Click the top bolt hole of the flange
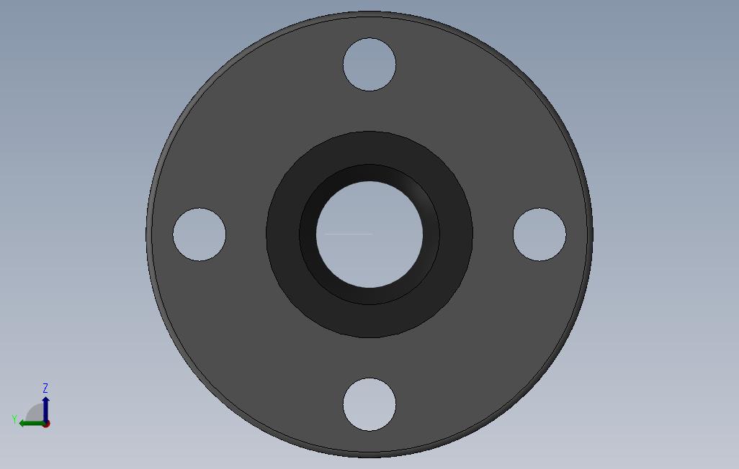369,65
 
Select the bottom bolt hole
369,404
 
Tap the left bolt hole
200,234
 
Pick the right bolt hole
539,234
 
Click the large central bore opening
369,234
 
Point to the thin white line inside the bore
349,234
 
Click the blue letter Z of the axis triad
45,388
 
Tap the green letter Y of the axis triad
14,419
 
